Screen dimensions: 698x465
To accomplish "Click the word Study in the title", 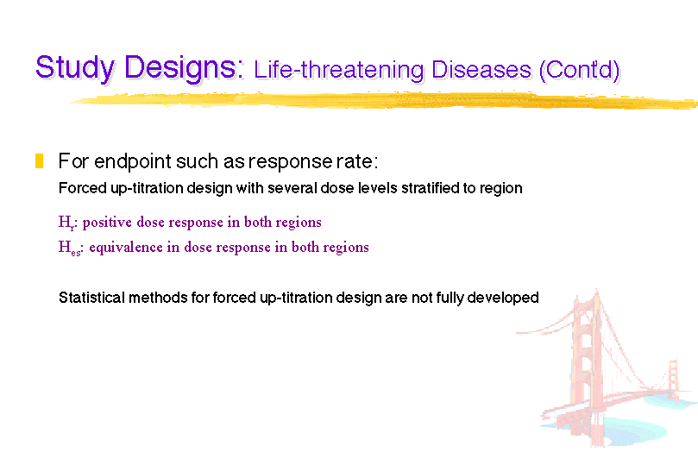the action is [x=75, y=68].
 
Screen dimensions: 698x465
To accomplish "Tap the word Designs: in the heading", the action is [x=184, y=68].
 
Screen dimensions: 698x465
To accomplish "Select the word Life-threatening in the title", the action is [x=338, y=70].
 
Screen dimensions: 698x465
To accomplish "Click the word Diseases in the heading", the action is [x=481, y=70].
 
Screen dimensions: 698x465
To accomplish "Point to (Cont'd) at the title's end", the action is [x=579, y=70].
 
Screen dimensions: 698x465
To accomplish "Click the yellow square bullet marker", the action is [x=39, y=160].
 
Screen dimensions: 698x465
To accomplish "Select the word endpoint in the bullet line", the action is [x=132, y=161].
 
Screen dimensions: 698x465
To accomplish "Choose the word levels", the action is [x=377, y=188].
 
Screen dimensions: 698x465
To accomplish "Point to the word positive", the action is [x=107, y=223].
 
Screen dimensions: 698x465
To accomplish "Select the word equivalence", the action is [x=126, y=248].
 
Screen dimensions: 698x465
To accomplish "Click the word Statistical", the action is [x=91, y=298].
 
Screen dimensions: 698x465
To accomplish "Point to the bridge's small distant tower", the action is [x=673, y=379].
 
